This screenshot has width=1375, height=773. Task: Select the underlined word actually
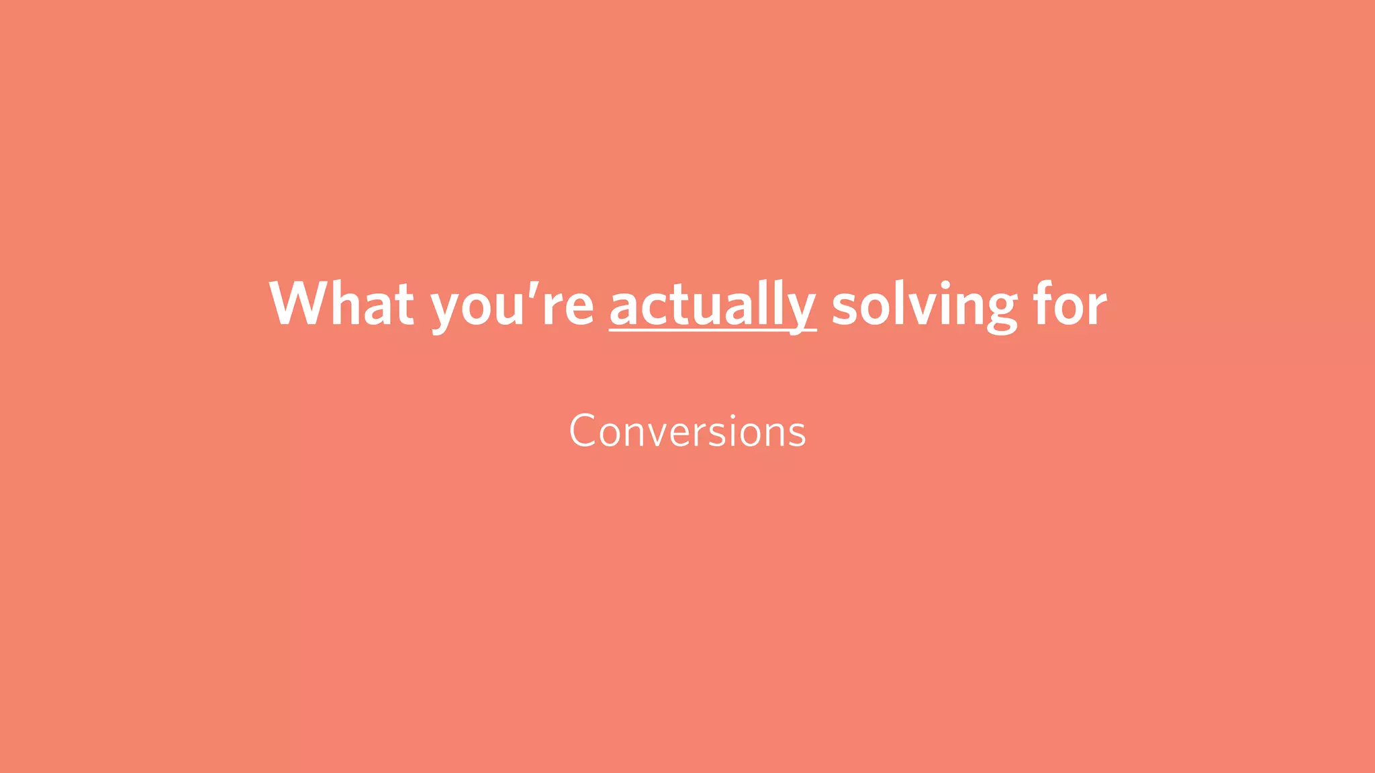(712, 305)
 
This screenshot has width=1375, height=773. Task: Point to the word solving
(924, 305)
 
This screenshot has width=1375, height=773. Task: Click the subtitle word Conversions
(687, 431)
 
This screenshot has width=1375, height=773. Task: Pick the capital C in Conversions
(582, 431)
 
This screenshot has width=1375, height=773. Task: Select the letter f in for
(1043, 303)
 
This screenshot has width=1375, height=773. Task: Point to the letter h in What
(347, 303)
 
